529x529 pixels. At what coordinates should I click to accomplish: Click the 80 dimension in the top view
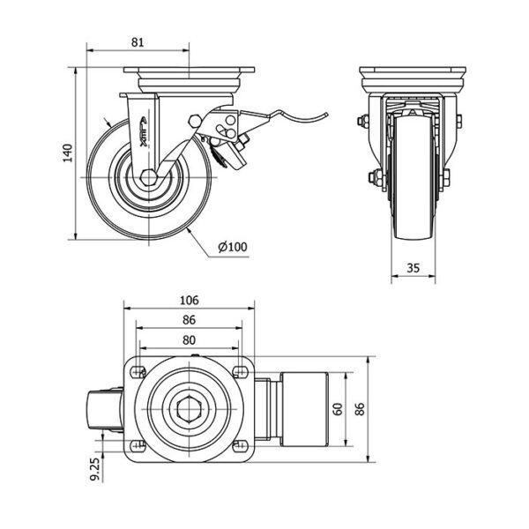tap(189, 339)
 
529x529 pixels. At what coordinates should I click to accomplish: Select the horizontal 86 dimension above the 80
tap(189, 320)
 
